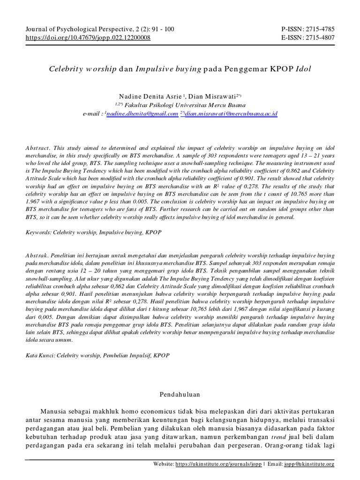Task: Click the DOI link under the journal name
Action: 88,37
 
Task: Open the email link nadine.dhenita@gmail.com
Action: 142,113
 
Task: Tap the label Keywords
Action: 38,232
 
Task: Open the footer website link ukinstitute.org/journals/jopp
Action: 218,464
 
